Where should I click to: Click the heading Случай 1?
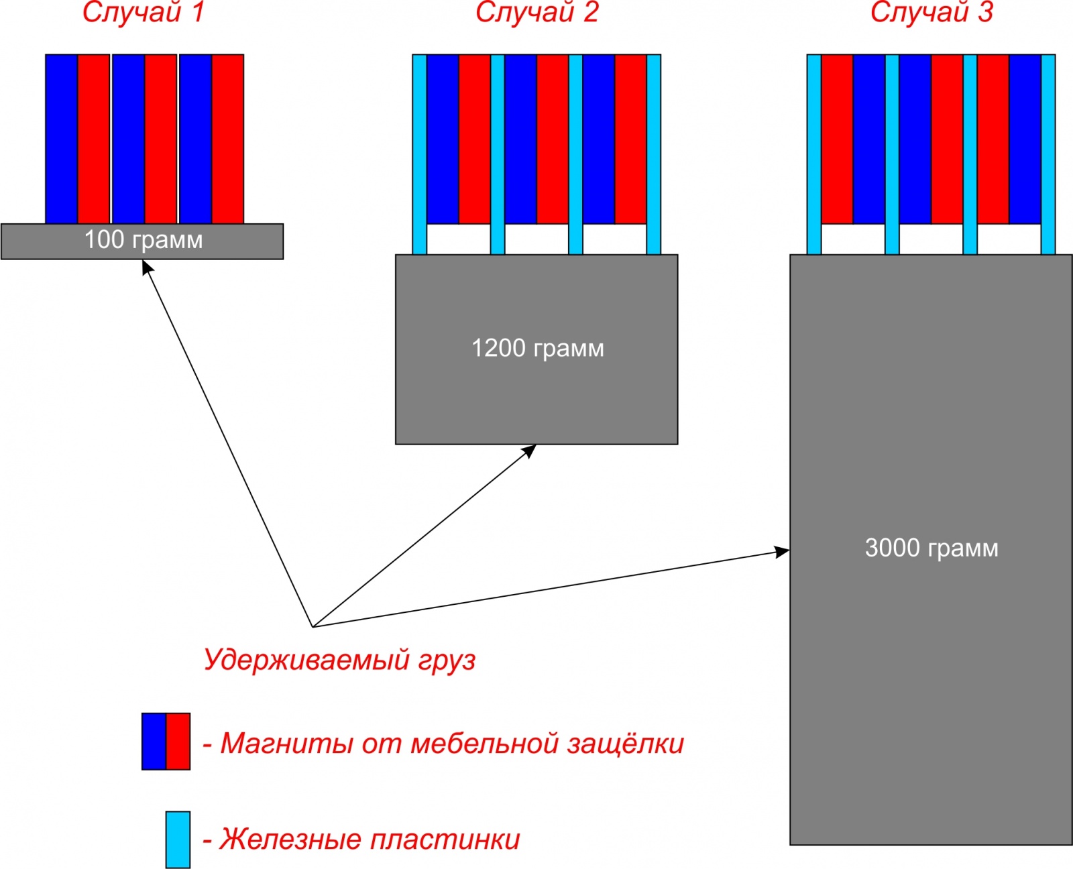tap(143, 12)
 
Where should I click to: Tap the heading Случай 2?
tap(537, 12)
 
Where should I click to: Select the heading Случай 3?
tap(931, 12)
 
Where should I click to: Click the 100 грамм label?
tap(143, 240)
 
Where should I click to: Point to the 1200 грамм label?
tap(538, 348)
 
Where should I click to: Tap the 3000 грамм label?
tap(931, 548)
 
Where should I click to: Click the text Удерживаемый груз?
tap(339, 660)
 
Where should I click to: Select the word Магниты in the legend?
tap(286, 744)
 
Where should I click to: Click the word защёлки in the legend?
tap(625, 744)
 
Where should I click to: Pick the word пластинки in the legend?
tap(445, 839)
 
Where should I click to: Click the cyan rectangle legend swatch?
tap(178, 839)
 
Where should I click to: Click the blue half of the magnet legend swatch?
tap(154, 742)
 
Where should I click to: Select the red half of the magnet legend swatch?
tap(178, 742)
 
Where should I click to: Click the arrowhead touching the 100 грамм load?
tap(147, 267)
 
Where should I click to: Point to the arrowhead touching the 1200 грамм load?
tap(529, 451)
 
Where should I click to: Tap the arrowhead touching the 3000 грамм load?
tap(783, 552)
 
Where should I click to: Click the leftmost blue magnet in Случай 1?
tap(62, 139)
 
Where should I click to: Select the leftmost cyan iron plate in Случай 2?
tap(419, 155)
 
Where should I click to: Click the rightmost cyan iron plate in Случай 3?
tap(1048, 155)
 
